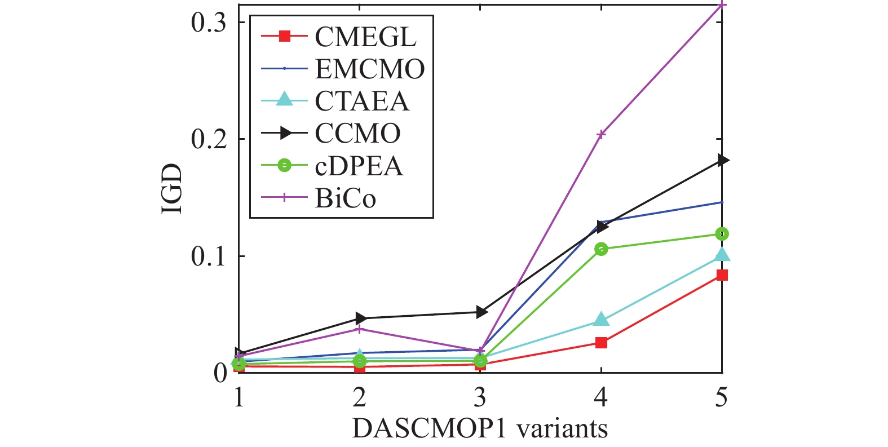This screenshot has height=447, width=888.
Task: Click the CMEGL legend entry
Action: point(365,37)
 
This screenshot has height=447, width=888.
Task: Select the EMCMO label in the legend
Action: point(370,69)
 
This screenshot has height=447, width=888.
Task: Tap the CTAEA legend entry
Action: point(362,101)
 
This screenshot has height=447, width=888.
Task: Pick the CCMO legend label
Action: point(357,134)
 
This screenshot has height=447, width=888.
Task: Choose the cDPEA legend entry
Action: point(359,166)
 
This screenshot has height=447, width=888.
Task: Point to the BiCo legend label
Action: point(345,198)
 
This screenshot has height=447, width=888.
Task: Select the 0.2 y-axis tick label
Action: point(209,139)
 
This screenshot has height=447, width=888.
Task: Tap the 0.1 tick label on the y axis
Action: point(209,256)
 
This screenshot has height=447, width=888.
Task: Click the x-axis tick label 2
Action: point(360,397)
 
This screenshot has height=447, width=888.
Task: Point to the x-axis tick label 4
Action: point(601,397)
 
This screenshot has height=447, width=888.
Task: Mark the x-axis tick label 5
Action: point(721,397)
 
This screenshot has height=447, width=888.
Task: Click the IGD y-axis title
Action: point(172,189)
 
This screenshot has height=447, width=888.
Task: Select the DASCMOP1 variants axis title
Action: point(480,429)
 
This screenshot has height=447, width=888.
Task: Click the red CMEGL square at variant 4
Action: point(601,343)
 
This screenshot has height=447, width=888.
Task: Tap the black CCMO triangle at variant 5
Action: point(722,161)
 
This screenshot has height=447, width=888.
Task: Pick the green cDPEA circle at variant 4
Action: point(601,249)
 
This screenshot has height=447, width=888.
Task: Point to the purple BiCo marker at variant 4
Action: point(601,134)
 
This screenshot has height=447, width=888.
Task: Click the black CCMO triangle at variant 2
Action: point(360,318)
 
